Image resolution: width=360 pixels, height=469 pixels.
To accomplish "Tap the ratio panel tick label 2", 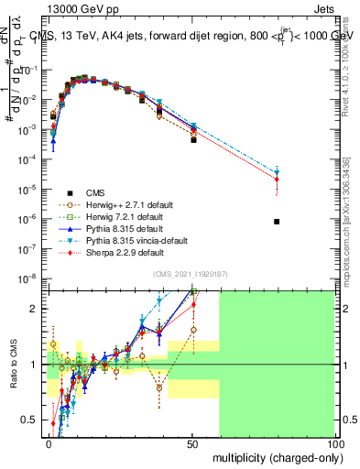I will [x=36, y=309].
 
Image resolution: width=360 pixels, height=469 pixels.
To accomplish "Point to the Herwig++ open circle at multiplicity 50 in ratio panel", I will [x=193, y=330].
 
